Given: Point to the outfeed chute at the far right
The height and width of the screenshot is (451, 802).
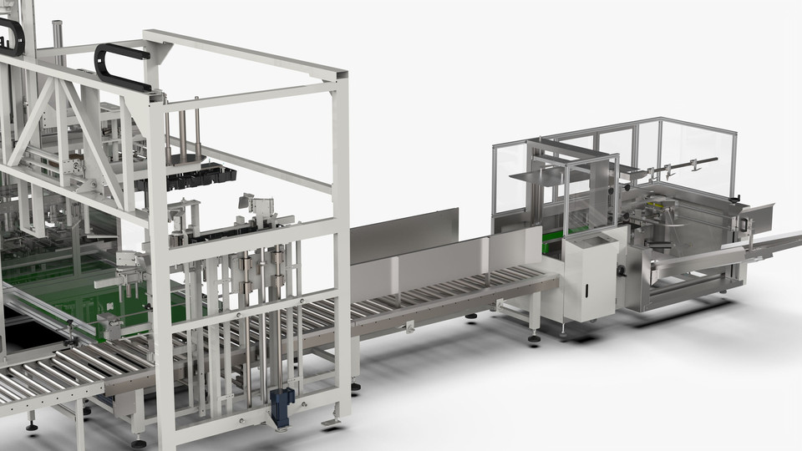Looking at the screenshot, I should (774, 243).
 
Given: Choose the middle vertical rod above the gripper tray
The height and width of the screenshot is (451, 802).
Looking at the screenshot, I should (182, 133).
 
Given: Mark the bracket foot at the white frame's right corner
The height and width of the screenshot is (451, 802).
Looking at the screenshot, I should (332, 420).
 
